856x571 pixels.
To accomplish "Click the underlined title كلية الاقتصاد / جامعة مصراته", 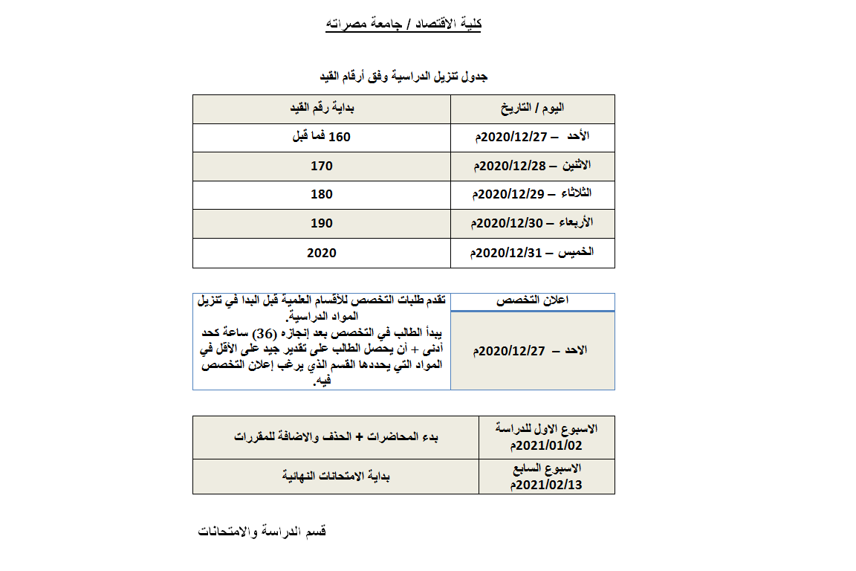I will tap(403, 25).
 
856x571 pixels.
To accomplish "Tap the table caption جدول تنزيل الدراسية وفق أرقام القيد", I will tap(403, 77).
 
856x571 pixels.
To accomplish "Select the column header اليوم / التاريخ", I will tap(532, 109).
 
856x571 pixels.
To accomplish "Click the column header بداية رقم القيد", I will tap(322, 109).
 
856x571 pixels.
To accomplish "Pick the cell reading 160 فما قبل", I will tap(321, 138).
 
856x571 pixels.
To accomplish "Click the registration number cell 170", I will tap(321, 166).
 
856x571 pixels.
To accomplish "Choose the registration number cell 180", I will tap(321, 194).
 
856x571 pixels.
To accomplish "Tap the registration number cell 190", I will tap(321, 223).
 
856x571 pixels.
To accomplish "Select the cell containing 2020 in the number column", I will tap(321, 253).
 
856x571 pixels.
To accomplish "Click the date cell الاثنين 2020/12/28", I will tap(531, 166).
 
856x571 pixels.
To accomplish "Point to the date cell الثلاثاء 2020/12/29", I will tap(531, 194).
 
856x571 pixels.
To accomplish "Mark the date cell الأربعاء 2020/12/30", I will tap(531, 223).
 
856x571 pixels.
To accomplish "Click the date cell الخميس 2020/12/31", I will tap(531, 253).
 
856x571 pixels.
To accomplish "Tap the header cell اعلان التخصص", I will tap(532, 300).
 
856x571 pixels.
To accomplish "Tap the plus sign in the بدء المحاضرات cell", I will tap(359, 436).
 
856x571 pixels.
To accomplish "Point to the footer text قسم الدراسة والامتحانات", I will tap(262, 532).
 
